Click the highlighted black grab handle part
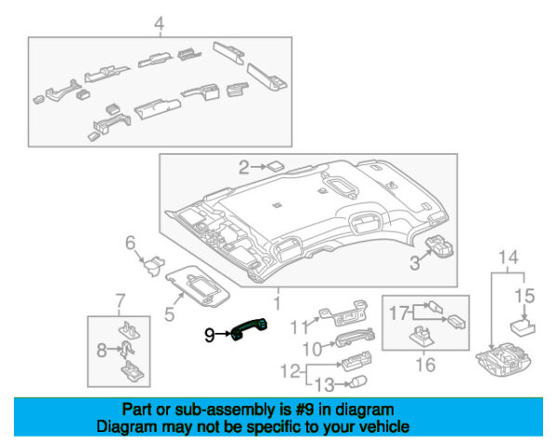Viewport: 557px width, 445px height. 249,328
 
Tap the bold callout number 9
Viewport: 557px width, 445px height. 210,335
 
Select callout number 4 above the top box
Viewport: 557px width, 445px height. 159,24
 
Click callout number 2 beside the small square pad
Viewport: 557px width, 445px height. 243,167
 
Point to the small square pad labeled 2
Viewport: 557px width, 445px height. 276,166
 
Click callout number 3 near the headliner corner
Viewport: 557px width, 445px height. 415,263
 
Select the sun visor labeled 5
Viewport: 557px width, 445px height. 199,286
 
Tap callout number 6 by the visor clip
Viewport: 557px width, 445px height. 130,243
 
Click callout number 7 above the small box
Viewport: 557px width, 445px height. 121,301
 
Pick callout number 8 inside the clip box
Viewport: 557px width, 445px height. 101,350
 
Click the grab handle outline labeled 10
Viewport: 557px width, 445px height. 356,337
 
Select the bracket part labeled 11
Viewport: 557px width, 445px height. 343,312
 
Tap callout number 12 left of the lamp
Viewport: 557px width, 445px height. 291,371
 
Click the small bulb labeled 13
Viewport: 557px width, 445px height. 358,381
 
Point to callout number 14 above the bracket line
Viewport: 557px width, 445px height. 509,257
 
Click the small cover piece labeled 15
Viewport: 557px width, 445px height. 522,326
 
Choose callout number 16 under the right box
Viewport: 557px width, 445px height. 425,364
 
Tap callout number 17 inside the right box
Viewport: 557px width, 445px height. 399,313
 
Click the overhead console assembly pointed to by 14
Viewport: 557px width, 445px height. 503,359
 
